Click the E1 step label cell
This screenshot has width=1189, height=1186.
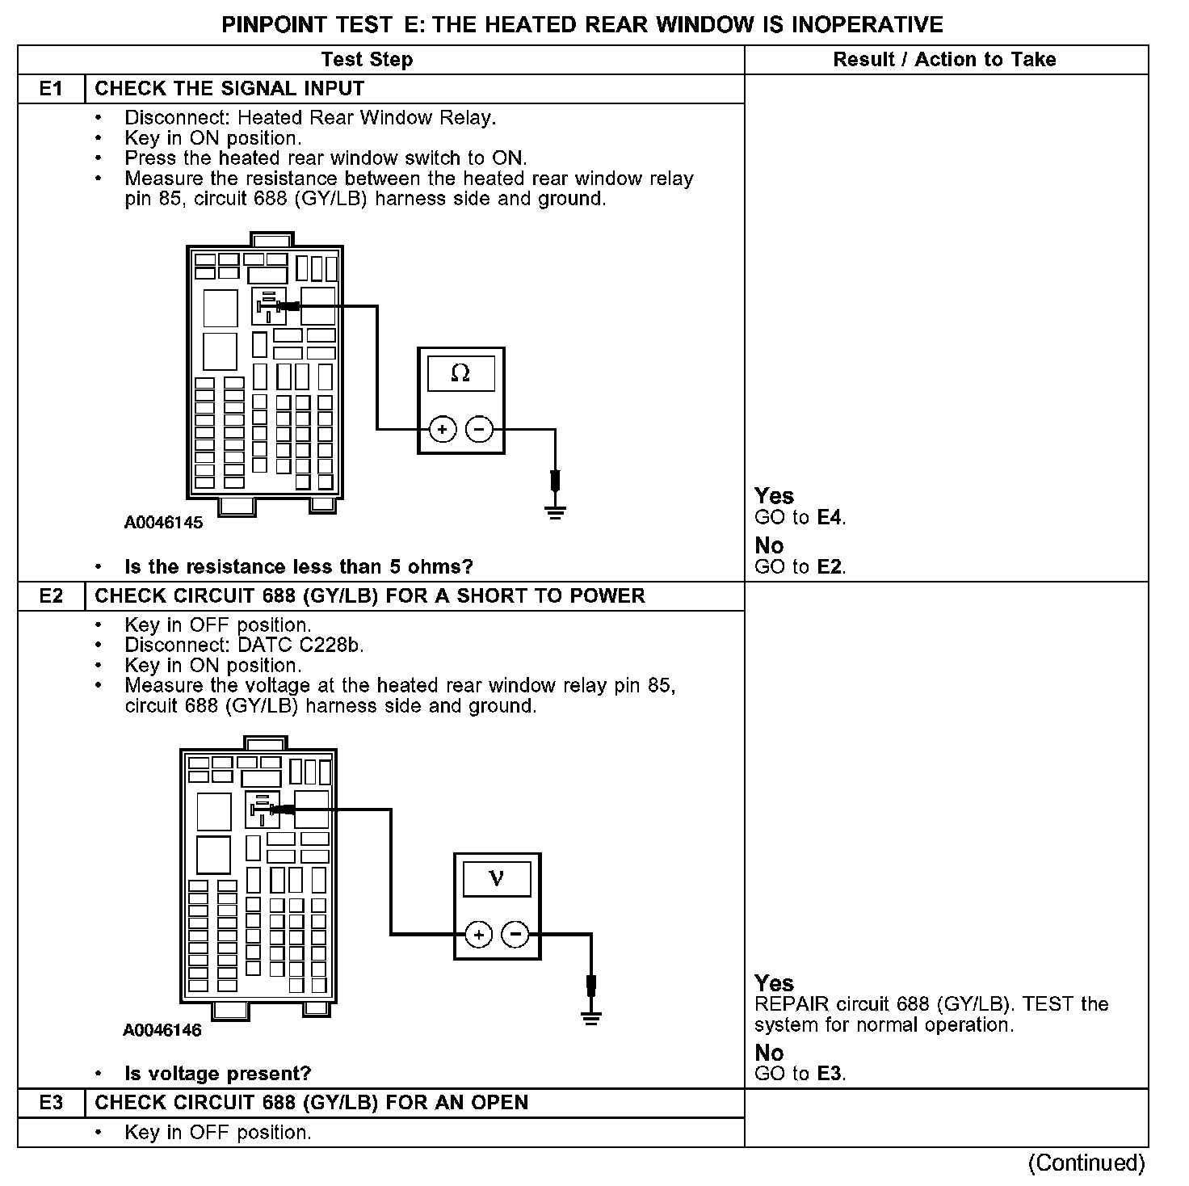point(51,89)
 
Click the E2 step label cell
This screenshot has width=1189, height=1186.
point(51,596)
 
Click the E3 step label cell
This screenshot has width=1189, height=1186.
point(51,1103)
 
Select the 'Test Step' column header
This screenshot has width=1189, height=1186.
point(367,60)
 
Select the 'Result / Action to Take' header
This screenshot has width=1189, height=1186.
point(944,60)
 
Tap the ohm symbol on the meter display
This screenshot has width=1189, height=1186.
point(460,373)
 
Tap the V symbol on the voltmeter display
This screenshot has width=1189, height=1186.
point(497,879)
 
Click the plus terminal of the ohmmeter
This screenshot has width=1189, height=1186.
point(442,430)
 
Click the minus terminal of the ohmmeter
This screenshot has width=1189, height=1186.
point(480,430)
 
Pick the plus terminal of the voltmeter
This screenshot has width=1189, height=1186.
point(478,936)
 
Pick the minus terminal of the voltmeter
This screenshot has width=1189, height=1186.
point(515,936)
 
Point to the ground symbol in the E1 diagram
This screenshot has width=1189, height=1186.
point(555,511)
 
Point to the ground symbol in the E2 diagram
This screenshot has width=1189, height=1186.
point(591,1018)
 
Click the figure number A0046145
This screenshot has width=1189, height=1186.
point(163,523)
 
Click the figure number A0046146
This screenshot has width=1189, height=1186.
point(162,1030)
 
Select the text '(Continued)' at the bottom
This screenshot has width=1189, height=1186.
point(1086,1163)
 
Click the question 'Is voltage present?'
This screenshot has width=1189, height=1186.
point(217,1074)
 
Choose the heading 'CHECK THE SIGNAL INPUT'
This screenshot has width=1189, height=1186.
point(229,89)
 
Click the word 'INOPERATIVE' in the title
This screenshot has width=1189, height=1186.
point(867,24)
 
